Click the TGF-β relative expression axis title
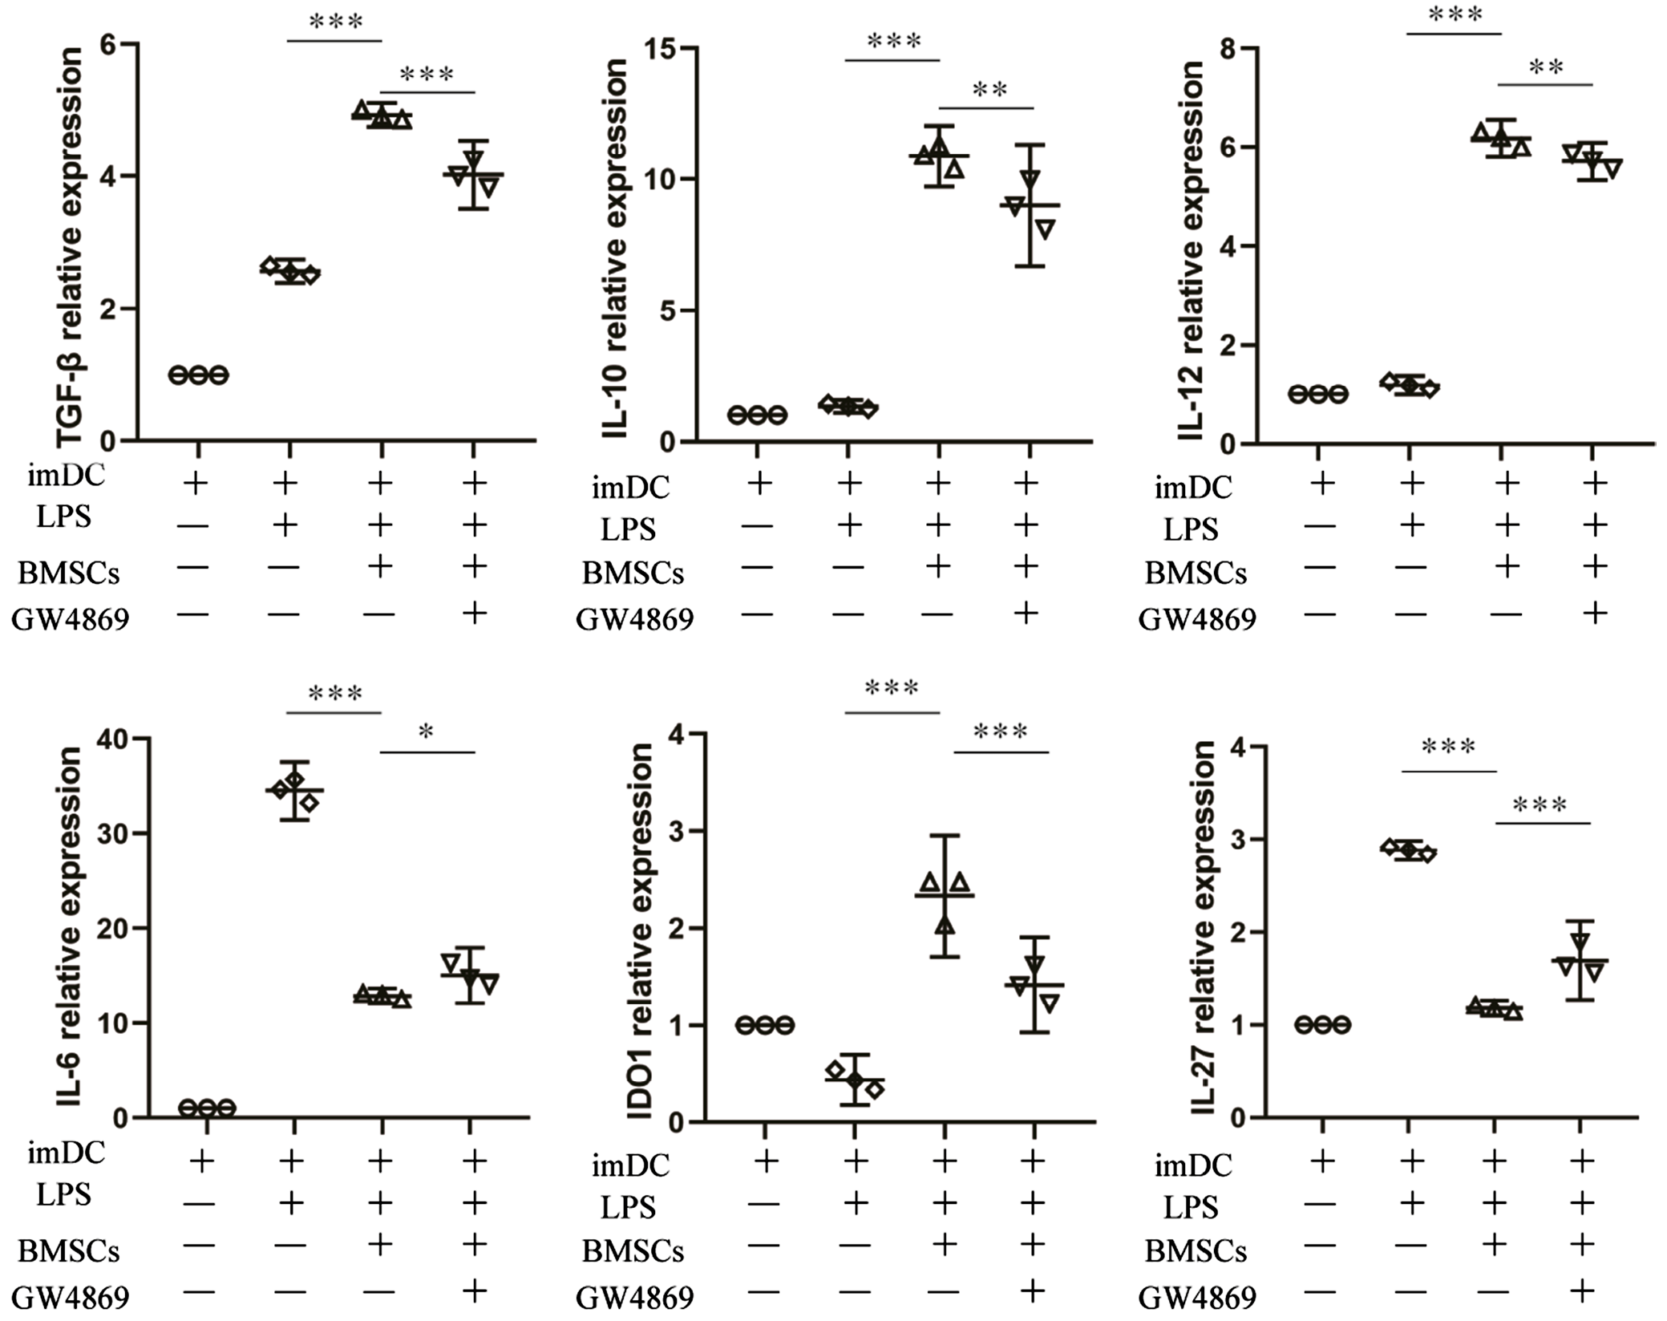71,245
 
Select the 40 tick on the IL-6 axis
112,738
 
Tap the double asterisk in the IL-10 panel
989,90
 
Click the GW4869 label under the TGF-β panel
71,619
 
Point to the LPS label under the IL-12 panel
1191,529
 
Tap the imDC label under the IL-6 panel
67,1153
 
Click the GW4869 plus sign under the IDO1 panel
1032,1291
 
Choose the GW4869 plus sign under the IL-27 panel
1580,1291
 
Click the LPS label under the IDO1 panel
628,1207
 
